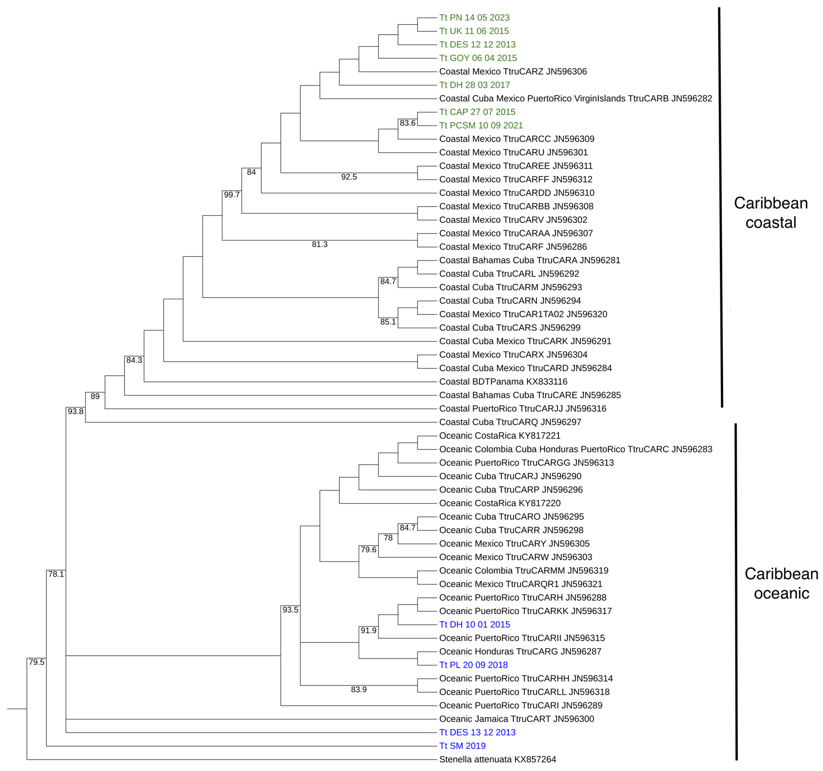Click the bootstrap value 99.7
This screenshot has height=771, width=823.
click(232, 195)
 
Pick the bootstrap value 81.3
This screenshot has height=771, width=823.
click(320, 244)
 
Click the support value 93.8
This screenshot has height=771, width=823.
click(75, 411)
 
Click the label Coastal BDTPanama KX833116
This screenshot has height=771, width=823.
click(503, 381)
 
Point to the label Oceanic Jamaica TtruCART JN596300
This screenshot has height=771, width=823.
click(516, 719)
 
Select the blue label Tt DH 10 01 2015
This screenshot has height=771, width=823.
click(475, 624)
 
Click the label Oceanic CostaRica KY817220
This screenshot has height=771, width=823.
click(500, 503)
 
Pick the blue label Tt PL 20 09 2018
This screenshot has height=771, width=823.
click(473, 665)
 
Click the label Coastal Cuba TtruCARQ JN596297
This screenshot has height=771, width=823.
click(510, 422)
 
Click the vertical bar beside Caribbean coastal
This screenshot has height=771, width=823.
click(721, 207)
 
